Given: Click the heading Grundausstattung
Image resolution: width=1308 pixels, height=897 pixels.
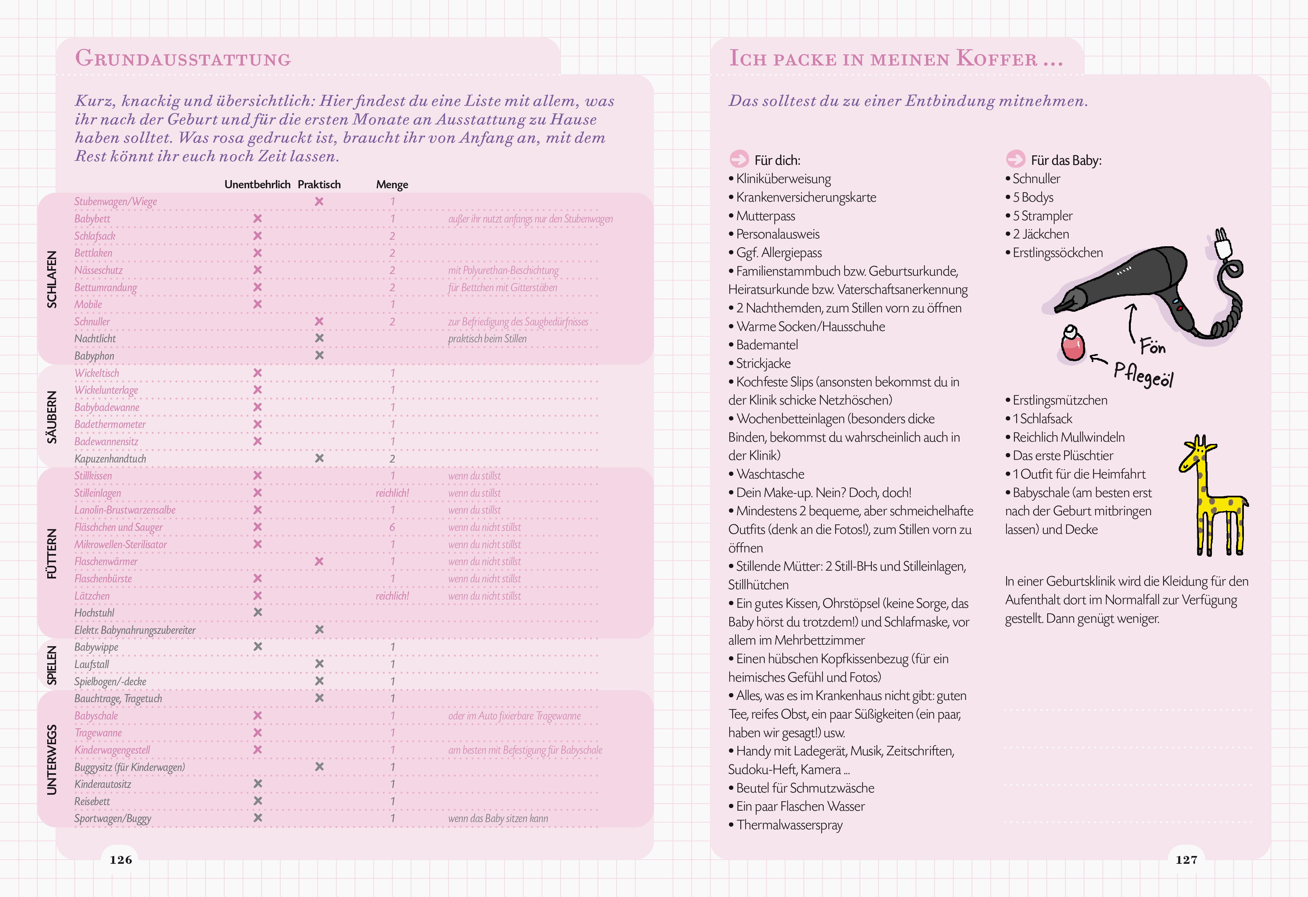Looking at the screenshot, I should tap(183, 59).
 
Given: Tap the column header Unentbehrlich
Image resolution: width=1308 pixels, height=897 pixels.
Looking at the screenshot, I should tap(257, 185).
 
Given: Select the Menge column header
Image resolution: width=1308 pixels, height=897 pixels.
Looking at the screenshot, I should tap(392, 185).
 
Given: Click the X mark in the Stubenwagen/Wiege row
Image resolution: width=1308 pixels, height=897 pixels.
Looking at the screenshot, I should tap(319, 202).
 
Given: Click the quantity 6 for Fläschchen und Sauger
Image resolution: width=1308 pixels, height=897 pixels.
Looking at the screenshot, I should tap(392, 527).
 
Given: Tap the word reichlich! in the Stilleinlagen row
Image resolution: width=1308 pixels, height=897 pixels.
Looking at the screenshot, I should tap(392, 493).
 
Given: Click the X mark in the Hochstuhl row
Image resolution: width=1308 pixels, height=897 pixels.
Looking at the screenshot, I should tap(258, 612).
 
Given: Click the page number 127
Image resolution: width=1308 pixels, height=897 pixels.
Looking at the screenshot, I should tap(1187, 859).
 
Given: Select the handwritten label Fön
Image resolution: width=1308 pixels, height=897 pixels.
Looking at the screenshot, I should tap(1152, 346).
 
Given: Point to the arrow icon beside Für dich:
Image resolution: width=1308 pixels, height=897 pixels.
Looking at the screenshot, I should tap(739, 159).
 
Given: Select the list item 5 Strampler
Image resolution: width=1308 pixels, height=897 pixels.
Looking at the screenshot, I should tap(1042, 216).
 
